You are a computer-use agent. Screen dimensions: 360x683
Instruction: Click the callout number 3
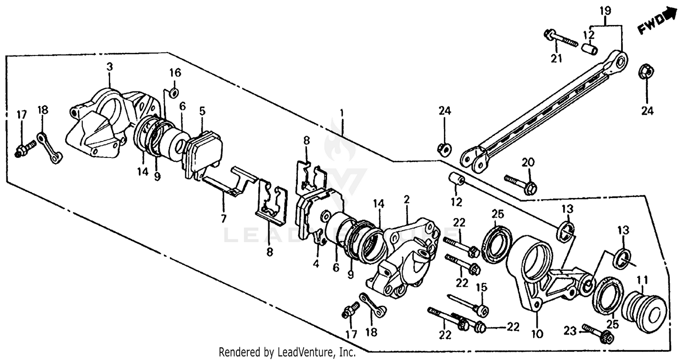109,67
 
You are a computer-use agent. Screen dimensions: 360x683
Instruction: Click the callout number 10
537,335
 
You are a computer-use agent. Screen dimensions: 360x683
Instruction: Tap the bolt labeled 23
597,333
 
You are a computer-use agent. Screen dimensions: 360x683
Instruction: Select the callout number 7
223,219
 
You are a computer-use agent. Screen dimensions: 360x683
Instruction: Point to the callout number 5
202,110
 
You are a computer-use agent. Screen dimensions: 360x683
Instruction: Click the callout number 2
407,199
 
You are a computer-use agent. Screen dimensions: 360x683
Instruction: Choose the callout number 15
482,287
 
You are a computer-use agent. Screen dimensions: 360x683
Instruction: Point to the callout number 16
175,72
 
